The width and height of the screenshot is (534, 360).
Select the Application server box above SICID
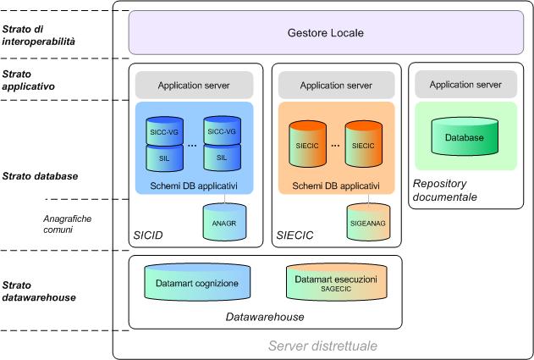[x=194, y=85]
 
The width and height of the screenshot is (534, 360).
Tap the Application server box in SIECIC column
[x=336, y=85]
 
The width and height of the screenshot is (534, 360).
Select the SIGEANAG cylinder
[x=368, y=221]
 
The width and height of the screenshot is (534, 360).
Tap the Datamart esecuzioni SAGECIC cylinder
[x=336, y=284]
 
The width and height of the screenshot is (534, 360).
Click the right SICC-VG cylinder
[x=222, y=132]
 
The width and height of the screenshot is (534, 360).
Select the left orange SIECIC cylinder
[x=309, y=145]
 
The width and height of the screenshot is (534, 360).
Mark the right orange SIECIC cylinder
[x=363, y=145]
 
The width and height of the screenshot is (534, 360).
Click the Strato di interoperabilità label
[x=38, y=34]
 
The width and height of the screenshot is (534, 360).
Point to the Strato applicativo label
[x=30, y=80]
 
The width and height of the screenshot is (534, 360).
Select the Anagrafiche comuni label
[x=67, y=223]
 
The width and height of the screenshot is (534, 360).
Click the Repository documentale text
[x=445, y=190]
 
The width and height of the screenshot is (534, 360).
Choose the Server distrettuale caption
[x=322, y=346]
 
